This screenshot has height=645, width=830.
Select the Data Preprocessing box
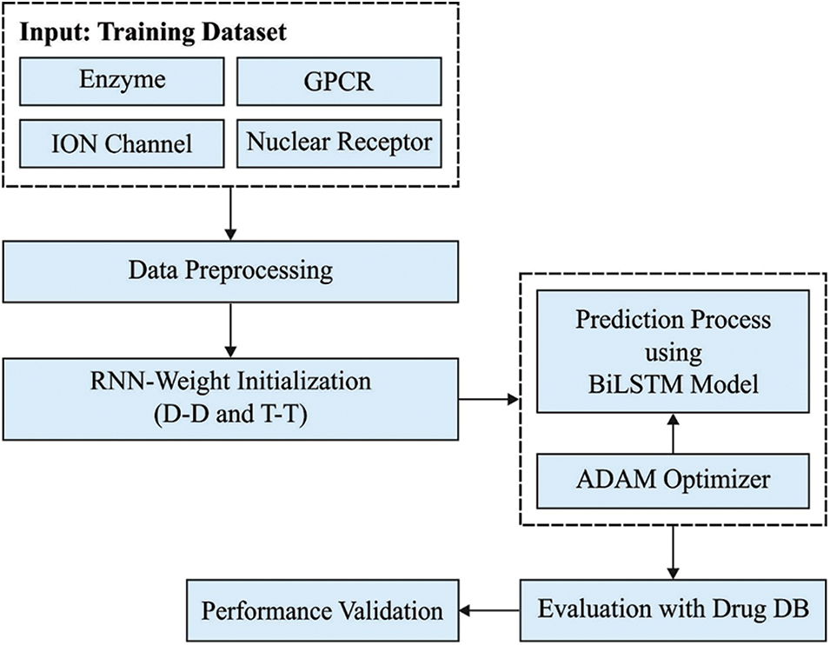coord(230,270)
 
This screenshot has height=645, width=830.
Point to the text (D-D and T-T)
coord(231,416)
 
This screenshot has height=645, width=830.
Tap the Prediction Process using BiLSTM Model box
coord(673,351)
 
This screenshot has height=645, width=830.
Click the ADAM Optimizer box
coord(673,479)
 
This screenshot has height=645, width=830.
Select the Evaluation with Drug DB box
coord(673,609)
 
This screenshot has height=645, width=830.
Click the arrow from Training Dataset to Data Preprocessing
coord(230,214)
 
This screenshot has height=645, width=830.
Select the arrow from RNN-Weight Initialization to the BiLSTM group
coord(488,400)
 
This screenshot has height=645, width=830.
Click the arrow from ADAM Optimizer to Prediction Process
coord(673,432)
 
